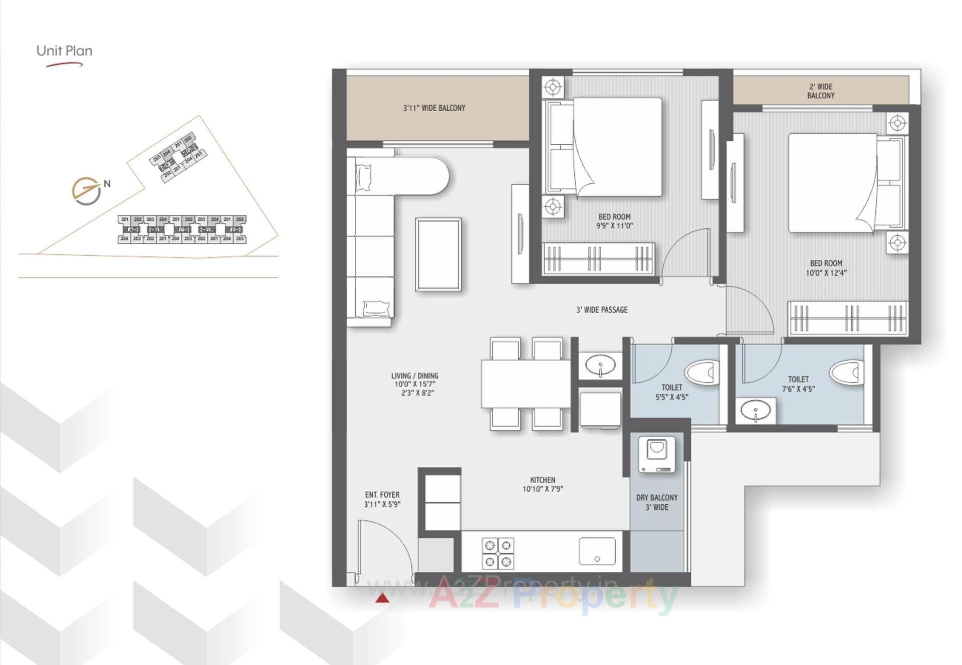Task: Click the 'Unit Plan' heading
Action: click(x=64, y=51)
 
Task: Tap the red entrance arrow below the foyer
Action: click(x=382, y=598)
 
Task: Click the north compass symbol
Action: click(x=86, y=191)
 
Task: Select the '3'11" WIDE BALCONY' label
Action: click(x=434, y=108)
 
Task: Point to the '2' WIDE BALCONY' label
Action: click(x=821, y=91)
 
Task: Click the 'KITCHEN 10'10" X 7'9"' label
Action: click(x=543, y=484)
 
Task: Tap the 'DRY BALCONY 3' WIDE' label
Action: click(x=657, y=502)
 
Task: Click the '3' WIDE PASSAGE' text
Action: click(x=602, y=310)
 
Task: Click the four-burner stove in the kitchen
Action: click(x=498, y=553)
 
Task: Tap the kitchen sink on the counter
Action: click(x=597, y=551)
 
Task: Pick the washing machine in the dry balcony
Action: click(x=656, y=454)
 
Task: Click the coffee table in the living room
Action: click(x=438, y=254)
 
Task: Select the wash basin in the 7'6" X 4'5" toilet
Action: click(x=756, y=411)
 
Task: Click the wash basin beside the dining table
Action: click(x=600, y=365)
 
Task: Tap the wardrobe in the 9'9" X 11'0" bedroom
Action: click(x=598, y=258)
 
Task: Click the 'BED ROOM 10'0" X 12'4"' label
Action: click(x=826, y=268)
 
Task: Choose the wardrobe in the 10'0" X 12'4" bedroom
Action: click(x=847, y=318)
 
